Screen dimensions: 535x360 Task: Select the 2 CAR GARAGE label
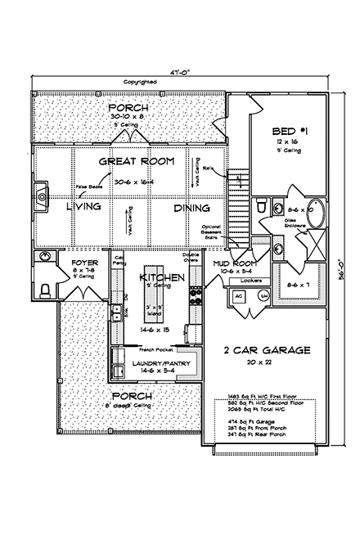coord(267,350)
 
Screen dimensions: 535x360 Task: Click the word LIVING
coord(83,208)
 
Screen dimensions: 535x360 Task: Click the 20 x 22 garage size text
coord(268,362)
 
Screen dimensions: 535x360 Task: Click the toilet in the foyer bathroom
coord(45,287)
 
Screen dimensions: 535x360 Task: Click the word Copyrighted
coord(140,82)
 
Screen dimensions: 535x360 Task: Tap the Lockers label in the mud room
coord(251,280)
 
